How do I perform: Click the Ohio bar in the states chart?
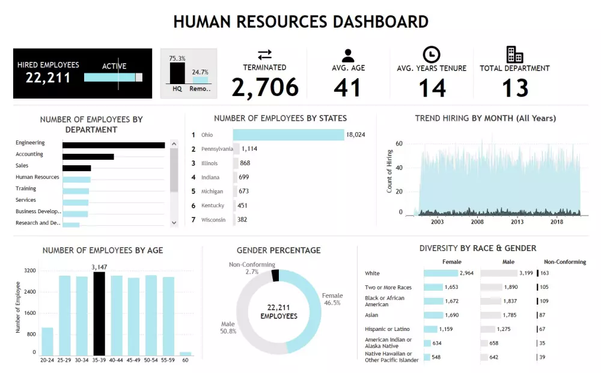pos(288,135)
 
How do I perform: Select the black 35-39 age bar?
pos(99,314)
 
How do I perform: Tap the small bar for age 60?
pos(185,353)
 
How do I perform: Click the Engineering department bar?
pos(114,145)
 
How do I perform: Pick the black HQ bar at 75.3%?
pos(177,73)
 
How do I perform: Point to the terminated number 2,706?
pos(265,88)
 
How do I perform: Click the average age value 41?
pos(347,88)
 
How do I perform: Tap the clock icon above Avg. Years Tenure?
pos(431,55)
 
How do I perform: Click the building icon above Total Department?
pos(514,55)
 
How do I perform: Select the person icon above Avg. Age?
pos(347,55)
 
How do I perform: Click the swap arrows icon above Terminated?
pos(264,55)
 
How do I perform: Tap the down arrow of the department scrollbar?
pos(174,222)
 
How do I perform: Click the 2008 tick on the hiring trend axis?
pos(477,222)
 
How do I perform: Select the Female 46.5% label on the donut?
pos(332,299)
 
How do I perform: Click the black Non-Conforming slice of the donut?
pos(275,275)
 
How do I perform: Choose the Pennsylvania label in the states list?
pos(216,149)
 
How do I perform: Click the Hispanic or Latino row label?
pos(387,329)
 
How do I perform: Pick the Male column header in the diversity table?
pos(509,262)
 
